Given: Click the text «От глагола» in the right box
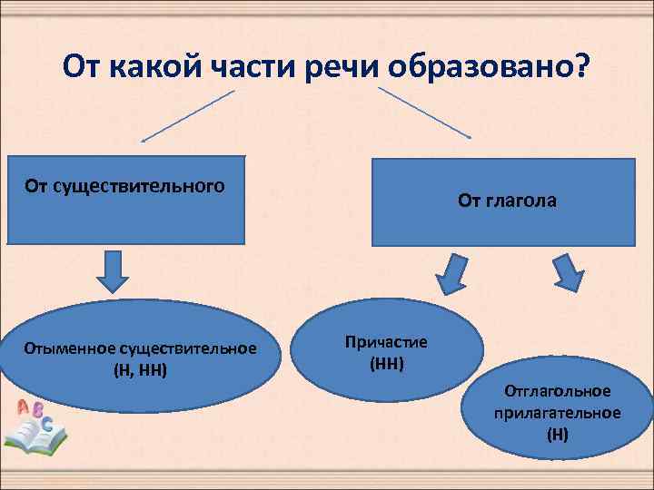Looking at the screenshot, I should [x=508, y=202].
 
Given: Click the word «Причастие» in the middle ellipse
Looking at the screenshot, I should [x=386, y=342].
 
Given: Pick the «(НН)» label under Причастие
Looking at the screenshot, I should [x=387, y=364].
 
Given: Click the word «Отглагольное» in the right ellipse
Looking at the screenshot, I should [x=558, y=391].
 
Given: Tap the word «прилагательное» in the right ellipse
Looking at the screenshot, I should [x=558, y=413].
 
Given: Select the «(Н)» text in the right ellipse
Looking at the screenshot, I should [x=558, y=434].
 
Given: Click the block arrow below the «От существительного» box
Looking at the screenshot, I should [x=114, y=271].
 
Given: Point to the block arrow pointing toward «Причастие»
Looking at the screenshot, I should [x=451, y=274].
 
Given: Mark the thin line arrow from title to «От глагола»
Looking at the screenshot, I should [x=423, y=113].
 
